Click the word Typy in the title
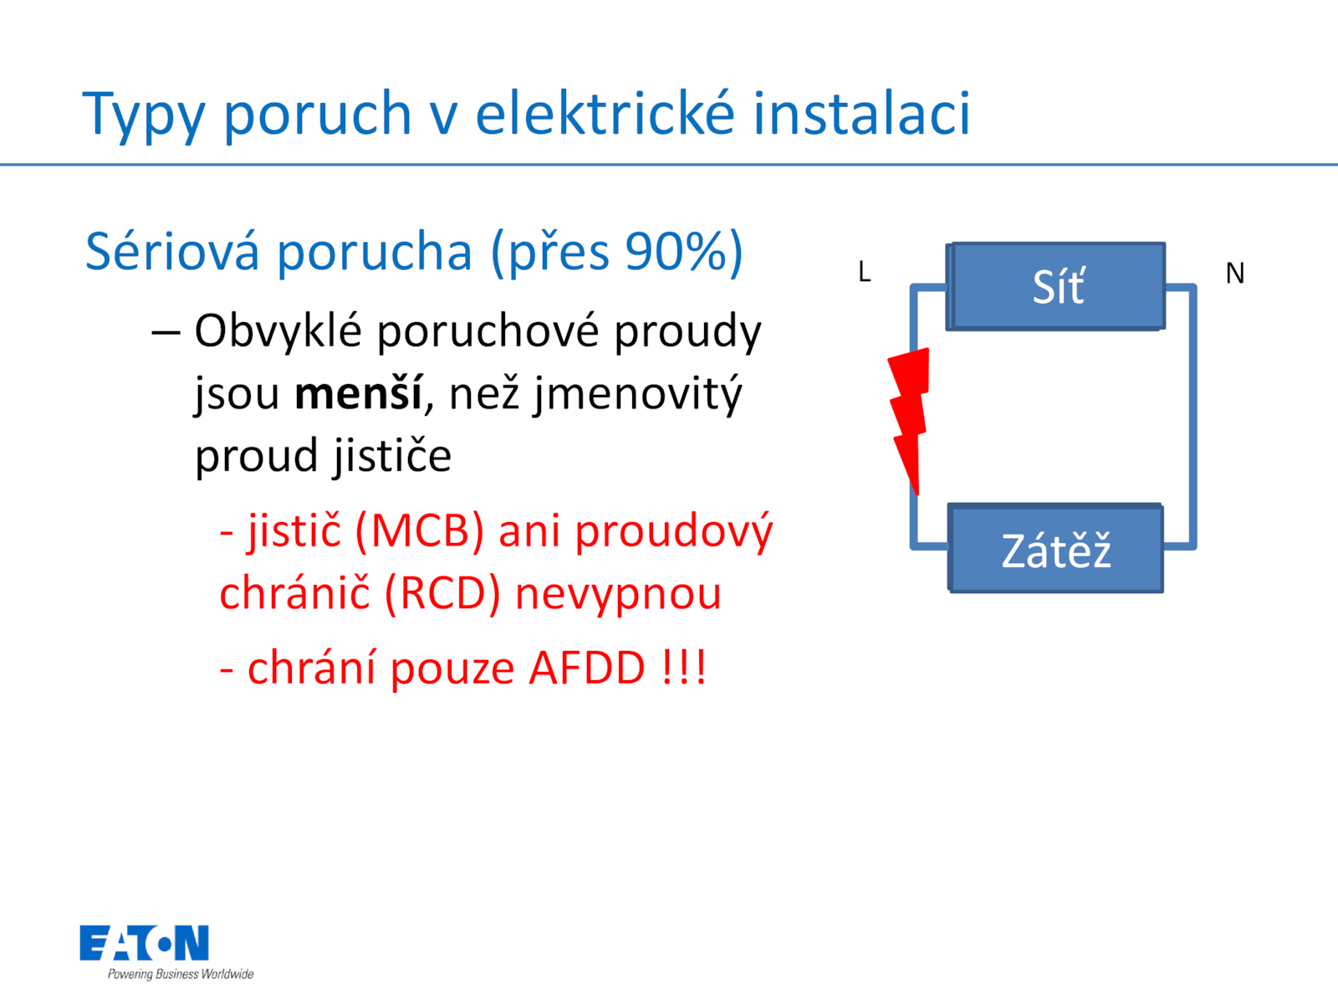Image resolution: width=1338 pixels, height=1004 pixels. tap(143, 115)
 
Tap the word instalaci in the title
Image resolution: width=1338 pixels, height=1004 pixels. tap(861, 112)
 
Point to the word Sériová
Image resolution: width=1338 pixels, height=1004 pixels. tap(172, 250)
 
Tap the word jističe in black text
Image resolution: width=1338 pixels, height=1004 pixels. tap(392, 457)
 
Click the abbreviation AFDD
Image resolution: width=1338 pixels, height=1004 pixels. tap(586, 668)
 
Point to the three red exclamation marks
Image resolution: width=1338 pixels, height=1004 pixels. tap(682, 668)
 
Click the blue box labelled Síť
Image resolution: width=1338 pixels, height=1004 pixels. tap(1055, 286)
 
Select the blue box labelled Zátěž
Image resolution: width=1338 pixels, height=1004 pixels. tap(1055, 548)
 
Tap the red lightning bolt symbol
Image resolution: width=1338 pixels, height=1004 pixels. tap(909, 421)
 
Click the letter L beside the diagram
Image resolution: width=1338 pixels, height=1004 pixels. tap(864, 272)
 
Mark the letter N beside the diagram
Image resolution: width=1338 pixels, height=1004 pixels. tap(1234, 273)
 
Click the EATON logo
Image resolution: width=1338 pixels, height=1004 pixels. tap(144, 943)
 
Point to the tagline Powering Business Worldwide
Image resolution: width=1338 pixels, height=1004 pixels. tap(181, 974)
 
